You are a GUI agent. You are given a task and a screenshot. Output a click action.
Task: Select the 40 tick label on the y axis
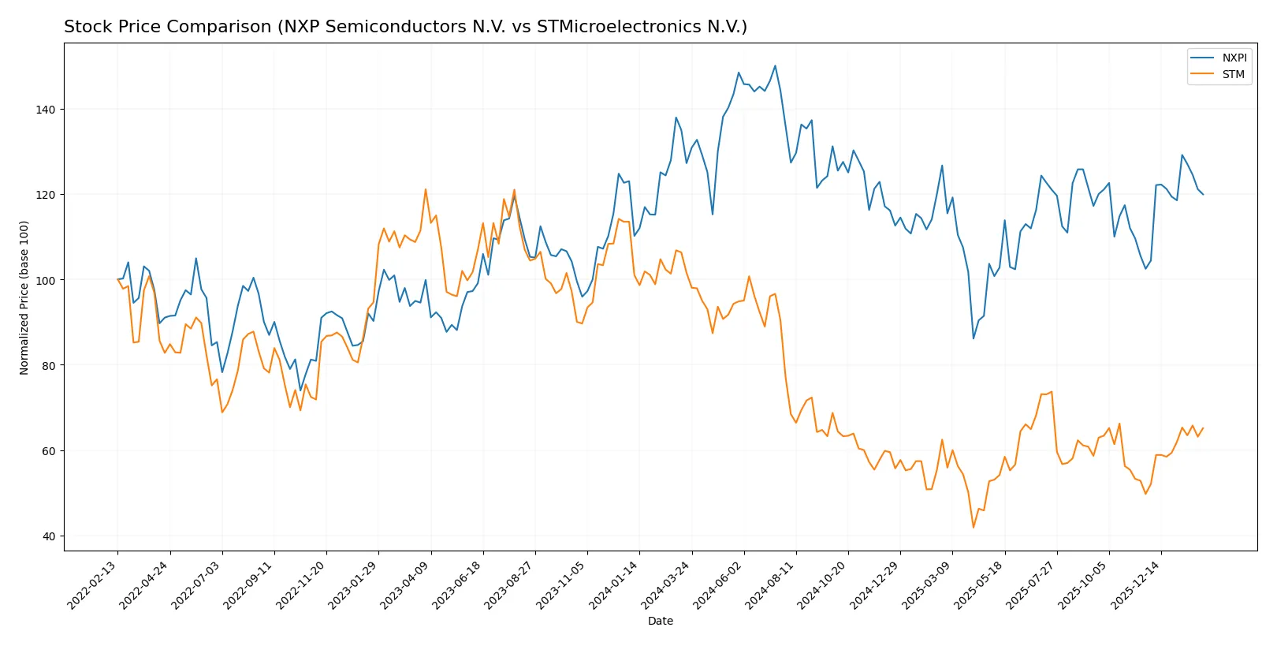pyautogui.click(x=49, y=536)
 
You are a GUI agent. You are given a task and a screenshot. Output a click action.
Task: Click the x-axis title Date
pyautogui.click(x=661, y=622)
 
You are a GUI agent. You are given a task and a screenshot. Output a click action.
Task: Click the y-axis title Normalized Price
pyautogui.click(x=24, y=297)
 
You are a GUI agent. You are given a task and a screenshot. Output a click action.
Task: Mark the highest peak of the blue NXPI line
pyautogui.click(x=775, y=65)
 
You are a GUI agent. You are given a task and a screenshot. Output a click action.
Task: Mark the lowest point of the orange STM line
pyautogui.click(x=974, y=527)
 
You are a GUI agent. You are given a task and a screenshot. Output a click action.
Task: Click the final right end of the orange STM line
pyautogui.click(x=1203, y=428)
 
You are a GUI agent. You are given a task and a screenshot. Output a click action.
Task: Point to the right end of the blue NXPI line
pyautogui.click(x=1203, y=194)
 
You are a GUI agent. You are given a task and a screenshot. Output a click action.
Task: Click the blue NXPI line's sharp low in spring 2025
pyautogui.click(x=974, y=338)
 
